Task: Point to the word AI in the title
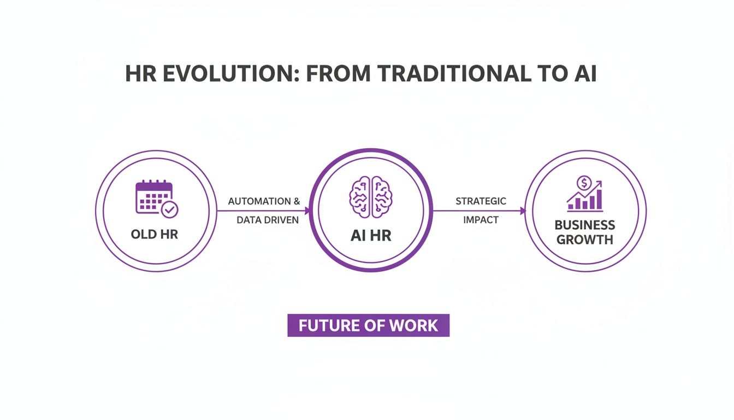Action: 585,73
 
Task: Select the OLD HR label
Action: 155,235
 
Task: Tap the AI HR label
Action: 371,236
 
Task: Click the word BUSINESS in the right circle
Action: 585,225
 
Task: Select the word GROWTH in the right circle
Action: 585,240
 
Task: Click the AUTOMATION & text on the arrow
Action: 264,201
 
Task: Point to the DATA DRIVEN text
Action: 268,220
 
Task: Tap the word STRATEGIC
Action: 481,201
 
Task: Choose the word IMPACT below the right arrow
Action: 481,220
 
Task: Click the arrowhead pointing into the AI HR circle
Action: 307,211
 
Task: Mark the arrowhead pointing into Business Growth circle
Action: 523,211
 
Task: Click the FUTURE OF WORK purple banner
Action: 368,325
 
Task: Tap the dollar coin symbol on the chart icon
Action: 585,182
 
